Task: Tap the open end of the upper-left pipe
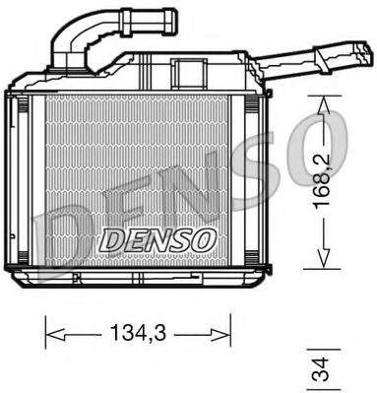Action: click(171, 17)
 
